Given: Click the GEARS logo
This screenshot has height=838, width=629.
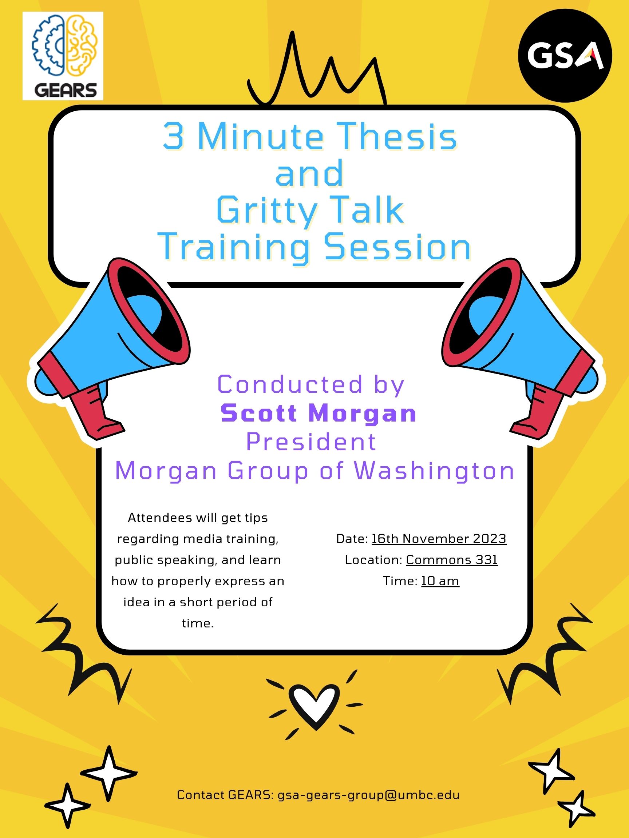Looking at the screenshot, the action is (63, 56).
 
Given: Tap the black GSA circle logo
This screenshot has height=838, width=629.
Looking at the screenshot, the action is (565, 55).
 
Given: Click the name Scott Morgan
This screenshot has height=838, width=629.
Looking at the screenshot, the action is (319, 413).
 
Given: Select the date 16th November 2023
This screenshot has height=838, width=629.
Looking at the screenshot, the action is (439, 538).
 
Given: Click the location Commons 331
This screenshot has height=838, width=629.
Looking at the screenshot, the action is (452, 559).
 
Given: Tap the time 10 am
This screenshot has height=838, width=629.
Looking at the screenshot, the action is (440, 581).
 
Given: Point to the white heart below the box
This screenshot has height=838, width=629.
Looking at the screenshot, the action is (314, 705).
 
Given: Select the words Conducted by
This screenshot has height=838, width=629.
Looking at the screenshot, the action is (311, 385).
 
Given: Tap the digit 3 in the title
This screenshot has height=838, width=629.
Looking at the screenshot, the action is (173, 137).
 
